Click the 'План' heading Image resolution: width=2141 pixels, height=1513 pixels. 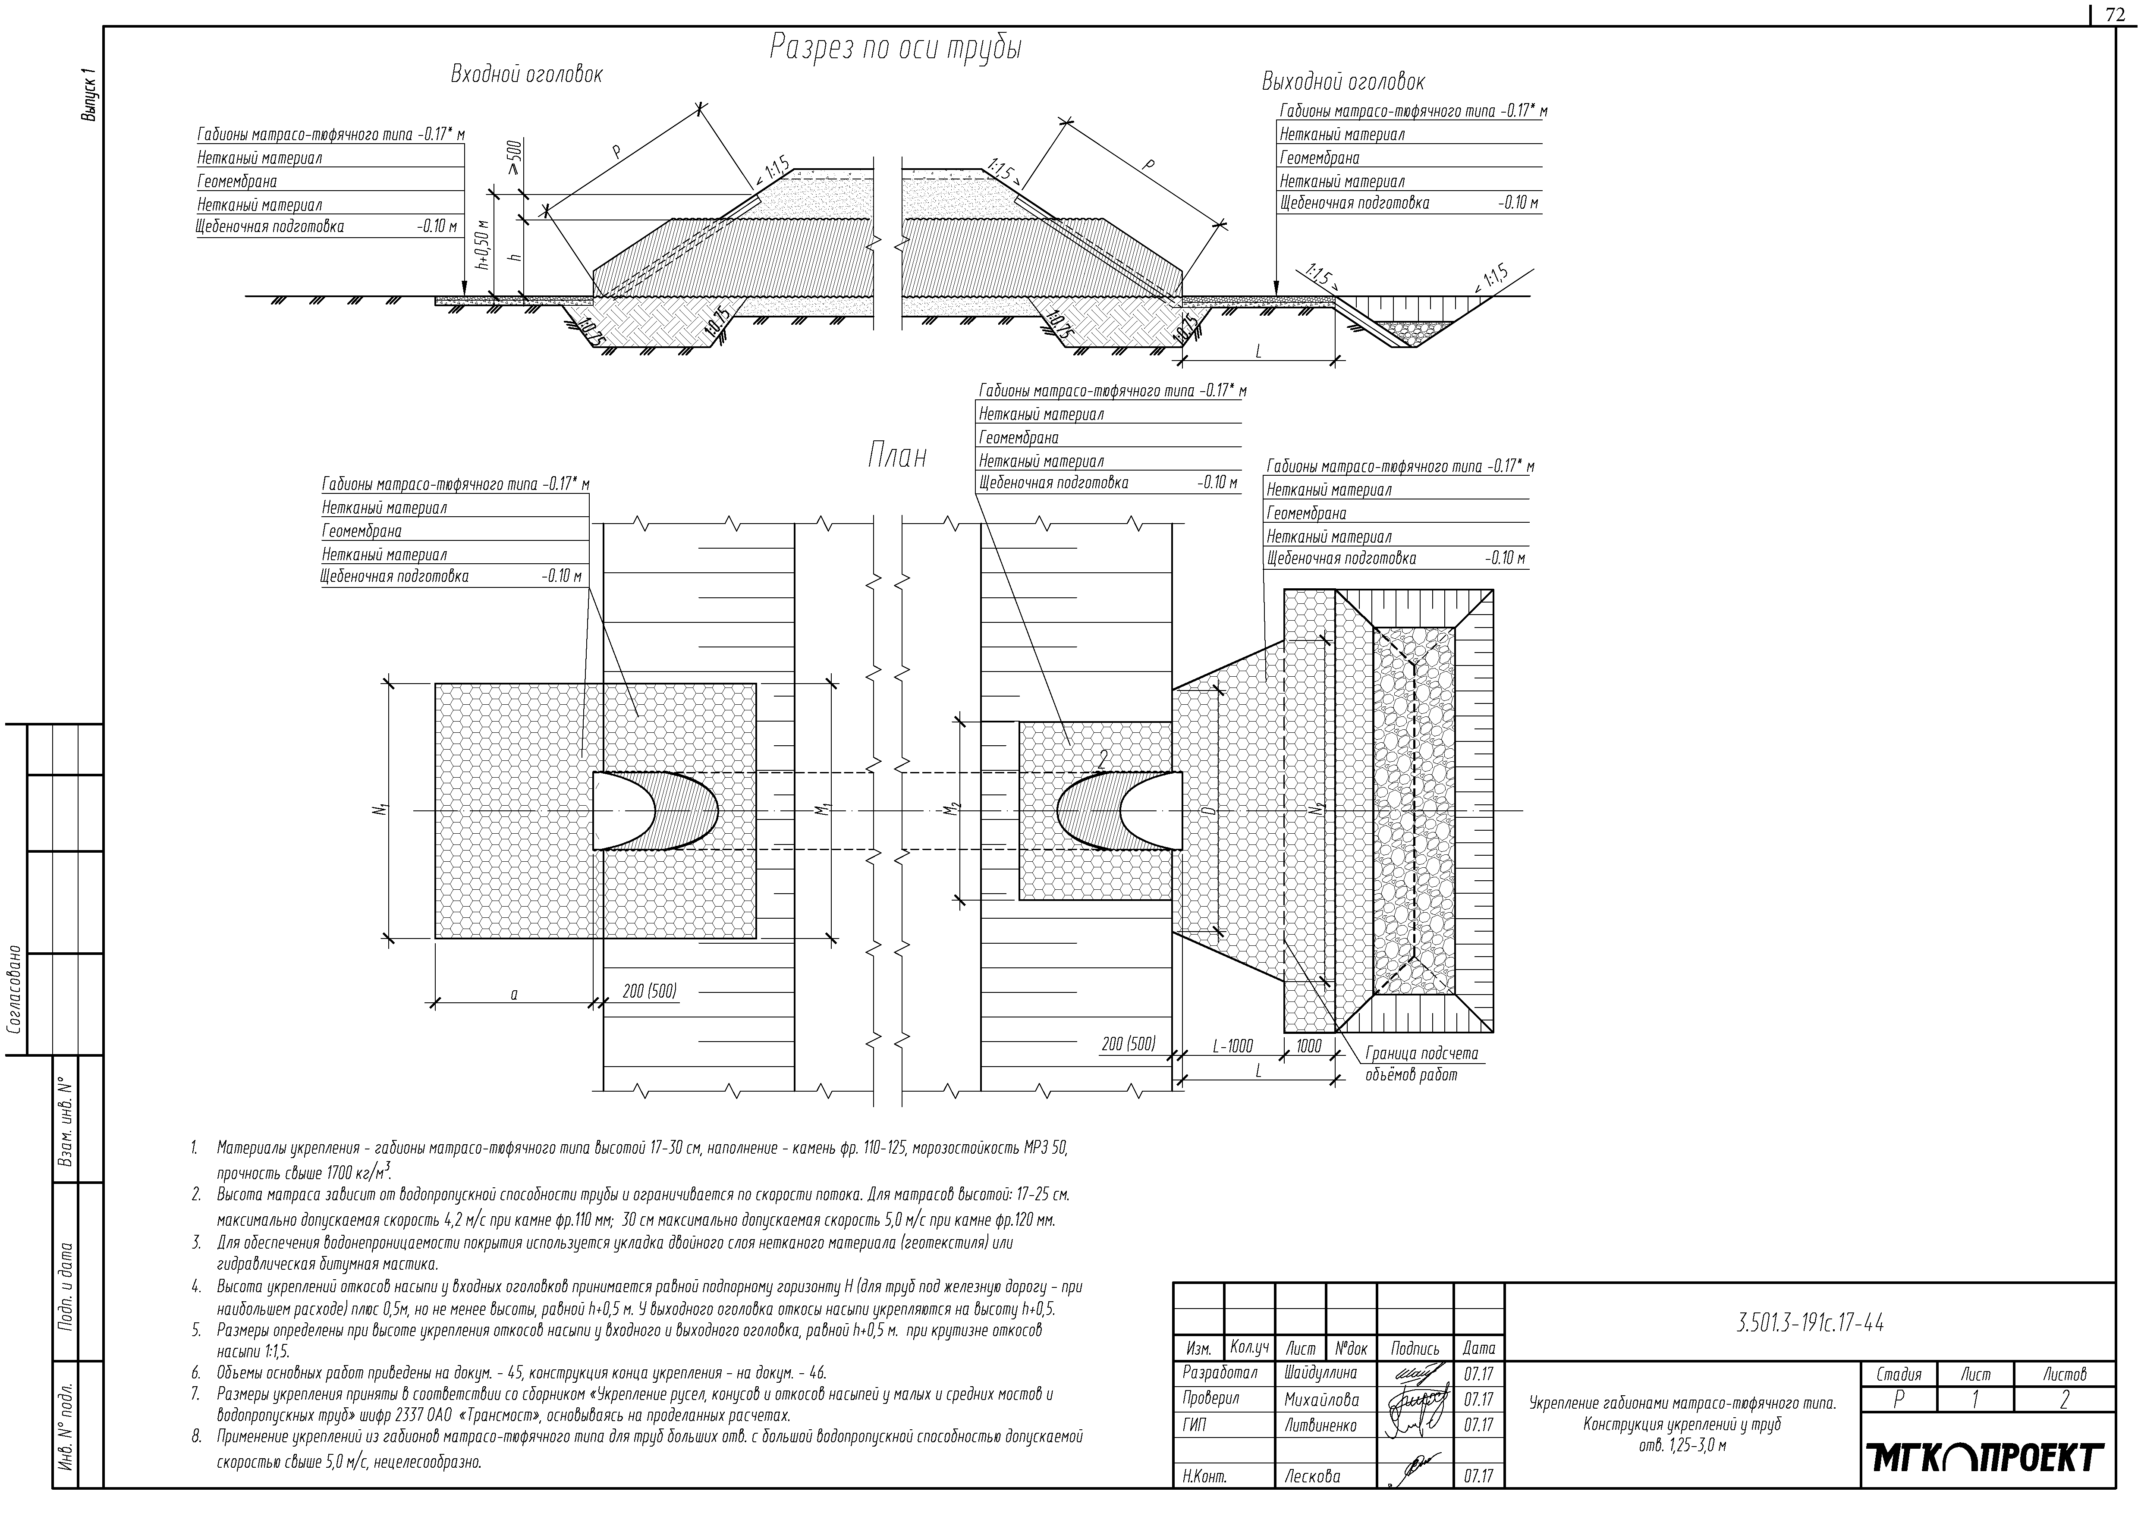tap(897, 457)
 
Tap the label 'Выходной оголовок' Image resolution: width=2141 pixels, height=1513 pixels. tap(1343, 82)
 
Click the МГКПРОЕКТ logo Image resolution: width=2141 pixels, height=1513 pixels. tap(1986, 1459)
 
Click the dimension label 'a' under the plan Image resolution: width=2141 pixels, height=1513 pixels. tap(514, 995)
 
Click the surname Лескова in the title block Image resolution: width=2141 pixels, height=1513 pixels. tap(1312, 1476)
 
